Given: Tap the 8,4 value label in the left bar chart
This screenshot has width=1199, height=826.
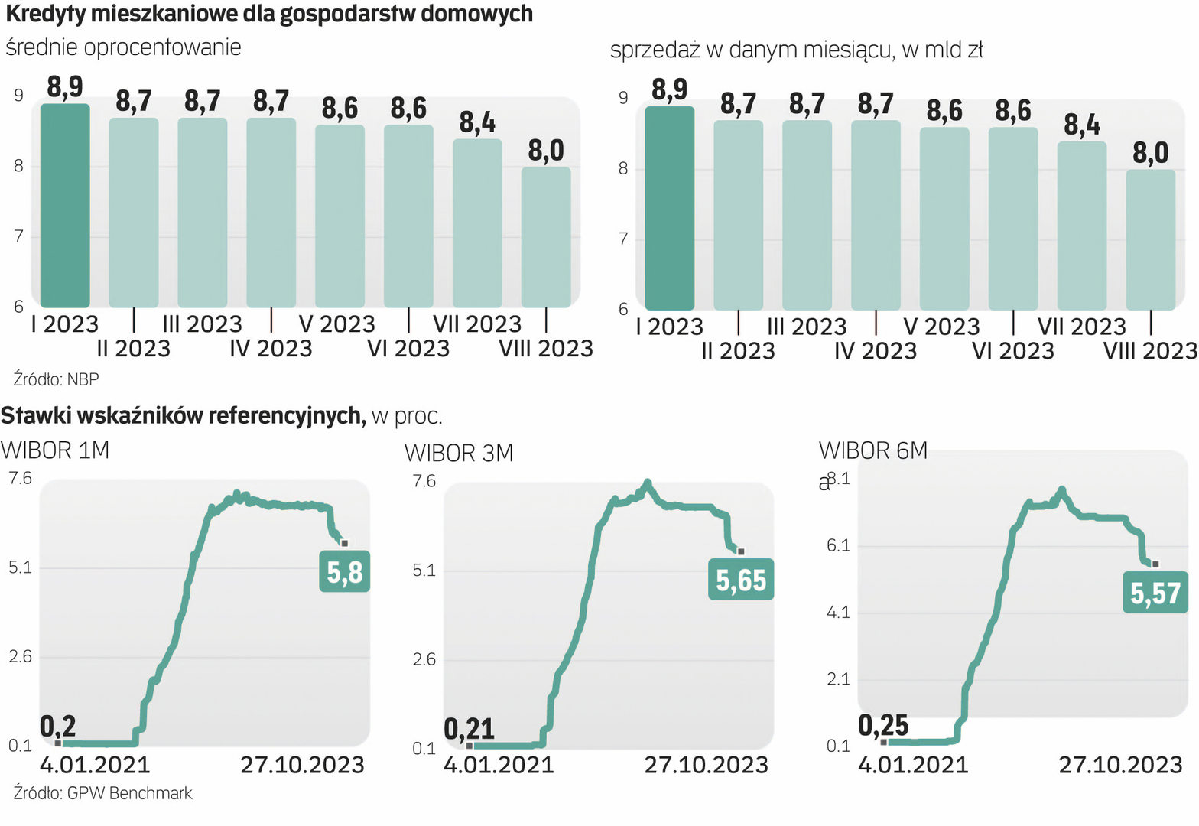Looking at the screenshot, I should (477, 122).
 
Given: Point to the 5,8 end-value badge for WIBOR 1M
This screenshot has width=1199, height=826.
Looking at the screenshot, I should (344, 571).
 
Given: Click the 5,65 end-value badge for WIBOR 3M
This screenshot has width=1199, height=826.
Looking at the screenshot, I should (740, 580).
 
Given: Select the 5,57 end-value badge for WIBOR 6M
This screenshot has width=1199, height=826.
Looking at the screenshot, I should (1155, 593).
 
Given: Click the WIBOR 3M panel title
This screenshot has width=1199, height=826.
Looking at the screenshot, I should (459, 453).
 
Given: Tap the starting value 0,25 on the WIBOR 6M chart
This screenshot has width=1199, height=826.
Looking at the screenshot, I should (883, 725).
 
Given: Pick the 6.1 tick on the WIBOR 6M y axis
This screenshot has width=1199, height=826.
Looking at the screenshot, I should (838, 545).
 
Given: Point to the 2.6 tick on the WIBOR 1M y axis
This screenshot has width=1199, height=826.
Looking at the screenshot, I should (20, 656).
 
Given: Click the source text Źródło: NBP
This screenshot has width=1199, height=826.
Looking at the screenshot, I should (56, 379).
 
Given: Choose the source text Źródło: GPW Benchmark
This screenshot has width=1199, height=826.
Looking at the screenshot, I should (102, 793).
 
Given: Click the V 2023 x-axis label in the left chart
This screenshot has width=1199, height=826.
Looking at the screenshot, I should (336, 324).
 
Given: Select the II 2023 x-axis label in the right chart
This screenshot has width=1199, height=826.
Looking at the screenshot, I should (738, 351).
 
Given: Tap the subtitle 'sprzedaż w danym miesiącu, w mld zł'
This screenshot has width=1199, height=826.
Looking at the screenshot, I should (796, 50).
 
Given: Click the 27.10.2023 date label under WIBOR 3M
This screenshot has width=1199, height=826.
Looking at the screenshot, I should (706, 765).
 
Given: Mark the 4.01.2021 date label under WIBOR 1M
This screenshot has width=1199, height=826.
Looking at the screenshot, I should (95, 765).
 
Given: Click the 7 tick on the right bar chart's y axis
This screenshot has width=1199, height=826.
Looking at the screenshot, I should (623, 239).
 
